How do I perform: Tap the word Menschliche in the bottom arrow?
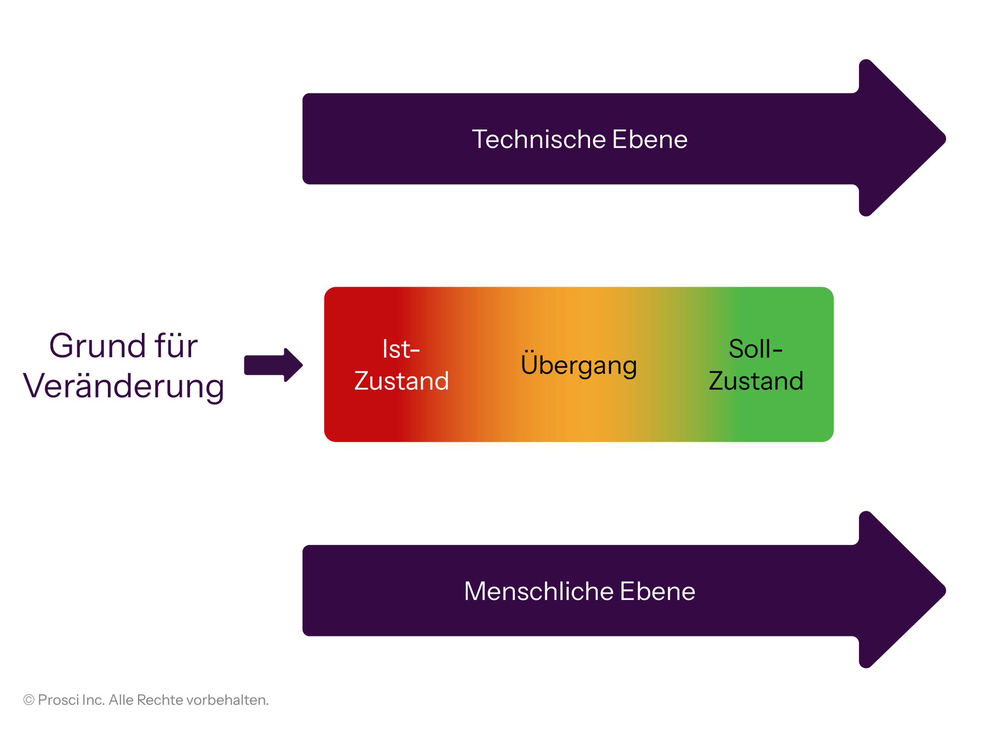tap(538, 591)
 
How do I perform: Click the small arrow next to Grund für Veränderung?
tap(273, 365)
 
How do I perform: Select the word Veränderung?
tap(124, 387)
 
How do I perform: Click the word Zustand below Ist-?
tap(401, 381)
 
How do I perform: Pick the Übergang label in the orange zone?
tap(579, 366)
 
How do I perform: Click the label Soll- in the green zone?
tap(755, 349)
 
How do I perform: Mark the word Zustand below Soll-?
tap(756, 381)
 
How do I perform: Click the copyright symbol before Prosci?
tap(29, 700)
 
